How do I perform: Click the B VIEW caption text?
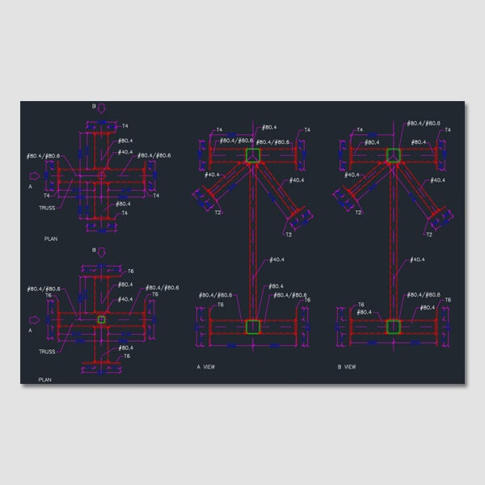coord(346,366)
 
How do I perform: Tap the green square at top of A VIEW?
coord(253,155)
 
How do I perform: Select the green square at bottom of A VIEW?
coord(253,326)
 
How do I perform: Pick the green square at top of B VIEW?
coord(394,155)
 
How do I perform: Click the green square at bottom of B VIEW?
coord(394,326)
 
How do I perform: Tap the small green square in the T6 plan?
coord(101,320)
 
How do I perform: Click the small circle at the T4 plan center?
coord(101,175)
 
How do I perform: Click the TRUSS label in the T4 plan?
coord(47,208)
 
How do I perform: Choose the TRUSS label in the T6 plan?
coord(47,352)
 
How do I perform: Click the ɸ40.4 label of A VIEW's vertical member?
coord(276,259)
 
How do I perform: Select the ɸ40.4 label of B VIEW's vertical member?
coord(416,259)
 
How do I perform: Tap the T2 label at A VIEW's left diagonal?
coord(218,212)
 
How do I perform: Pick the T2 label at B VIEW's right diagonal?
coord(428,234)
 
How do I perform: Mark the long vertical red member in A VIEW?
coord(253,242)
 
